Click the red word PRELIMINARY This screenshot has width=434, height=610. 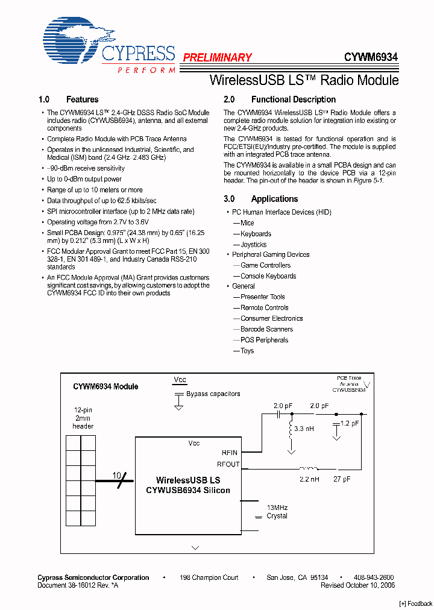click(x=217, y=57)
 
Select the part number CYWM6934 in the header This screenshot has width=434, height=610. click(x=371, y=57)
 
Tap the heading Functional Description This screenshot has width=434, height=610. click(x=293, y=99)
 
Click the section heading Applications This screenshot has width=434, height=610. click(x=274, y=199)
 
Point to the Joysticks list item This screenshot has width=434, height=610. click(x=253, y=245)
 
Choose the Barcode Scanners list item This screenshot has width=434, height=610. click(x=266, y=329)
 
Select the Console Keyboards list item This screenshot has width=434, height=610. click(x=268, y=276)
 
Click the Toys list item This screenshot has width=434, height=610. click(x=247, y=351)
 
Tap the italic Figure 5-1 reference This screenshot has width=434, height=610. click(x=367, y=180)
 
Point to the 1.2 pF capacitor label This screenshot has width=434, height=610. click(x=350, y=423)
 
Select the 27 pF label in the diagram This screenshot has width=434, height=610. click(x=341, y=480)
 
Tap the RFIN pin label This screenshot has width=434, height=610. click(x=230, y=452)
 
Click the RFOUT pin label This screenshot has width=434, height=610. click(x=228, y=464)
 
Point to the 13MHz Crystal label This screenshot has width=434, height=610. click(x=277, y=511)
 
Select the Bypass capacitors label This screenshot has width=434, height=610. click(x=213, y=394)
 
